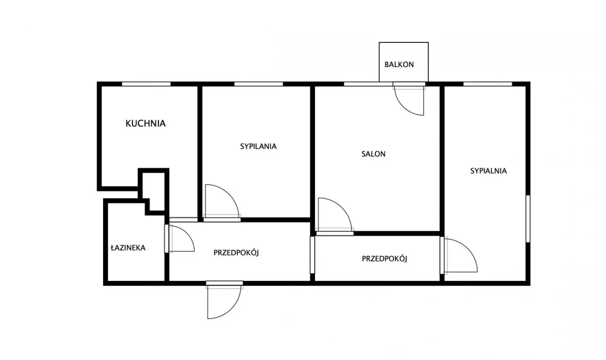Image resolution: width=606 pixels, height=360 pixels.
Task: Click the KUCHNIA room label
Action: click(145, 123)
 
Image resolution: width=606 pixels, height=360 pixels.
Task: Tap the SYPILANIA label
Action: click(259, 146)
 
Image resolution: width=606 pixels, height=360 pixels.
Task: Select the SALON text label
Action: click(373, 154)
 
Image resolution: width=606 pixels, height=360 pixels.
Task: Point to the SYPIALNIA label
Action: click(488, 171)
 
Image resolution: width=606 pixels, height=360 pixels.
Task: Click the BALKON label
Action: click(399, 64)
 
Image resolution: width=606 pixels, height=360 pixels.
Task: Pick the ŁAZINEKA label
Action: click(128, 248)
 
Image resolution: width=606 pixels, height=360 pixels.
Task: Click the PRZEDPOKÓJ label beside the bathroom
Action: click(236, 253)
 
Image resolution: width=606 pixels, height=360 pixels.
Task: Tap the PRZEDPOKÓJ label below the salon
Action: click(385, 259)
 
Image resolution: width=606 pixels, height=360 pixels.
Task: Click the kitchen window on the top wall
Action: click(146, 84)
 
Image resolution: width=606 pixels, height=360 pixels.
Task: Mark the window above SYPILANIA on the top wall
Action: click(259, 84)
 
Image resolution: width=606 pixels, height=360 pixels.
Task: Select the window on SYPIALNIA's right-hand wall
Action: click(528, 219)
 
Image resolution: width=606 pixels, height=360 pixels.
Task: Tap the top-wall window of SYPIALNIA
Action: click(488, 84)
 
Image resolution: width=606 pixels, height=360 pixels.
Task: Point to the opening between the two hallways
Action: click(312, 255)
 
